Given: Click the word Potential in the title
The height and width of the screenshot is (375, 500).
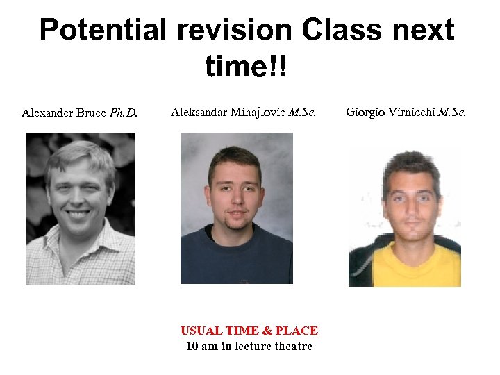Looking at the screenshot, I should point(102,31).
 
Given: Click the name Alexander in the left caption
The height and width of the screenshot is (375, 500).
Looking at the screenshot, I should point(48,112).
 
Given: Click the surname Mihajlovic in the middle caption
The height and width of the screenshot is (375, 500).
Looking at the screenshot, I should point(256,111).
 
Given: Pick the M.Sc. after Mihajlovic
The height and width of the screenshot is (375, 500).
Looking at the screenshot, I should point(302,111).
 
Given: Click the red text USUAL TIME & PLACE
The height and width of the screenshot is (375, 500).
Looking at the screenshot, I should point(249,331).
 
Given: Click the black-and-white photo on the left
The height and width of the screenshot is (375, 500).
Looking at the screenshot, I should point(81,208).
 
